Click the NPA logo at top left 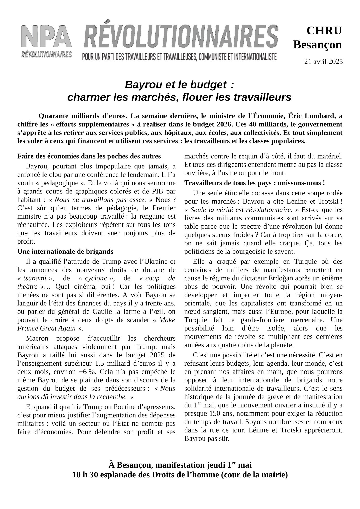coord(47,41)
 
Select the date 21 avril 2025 coord(323,62)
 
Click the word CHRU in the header coord(324,31)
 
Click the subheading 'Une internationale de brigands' coord(65,251)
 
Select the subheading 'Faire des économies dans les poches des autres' coord(89,156)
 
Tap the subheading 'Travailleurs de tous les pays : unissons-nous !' coord(254,183)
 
